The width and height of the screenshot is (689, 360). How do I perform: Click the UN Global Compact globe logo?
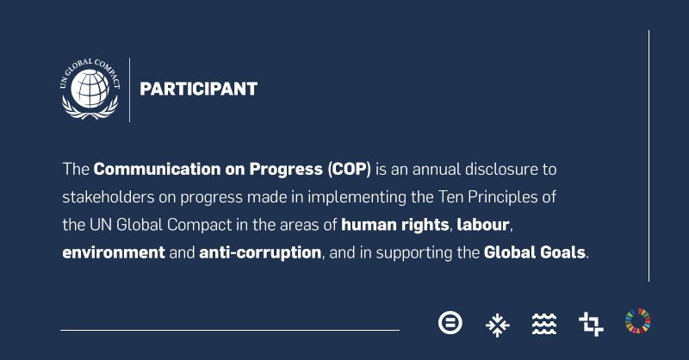pyautogui.click(x=90, y=89)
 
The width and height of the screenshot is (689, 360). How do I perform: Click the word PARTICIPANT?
pyautogui.click(x=199, y=90)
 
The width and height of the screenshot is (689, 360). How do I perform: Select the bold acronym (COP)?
pyautogui.click(x=350, y=169)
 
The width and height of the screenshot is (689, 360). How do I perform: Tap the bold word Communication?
pyautogui.click(x=157, y=169)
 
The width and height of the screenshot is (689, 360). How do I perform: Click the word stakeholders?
pyautogui.click(x=109, y=197)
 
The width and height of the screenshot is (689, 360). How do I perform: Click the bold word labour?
pyautogui.click(x=483, y=225)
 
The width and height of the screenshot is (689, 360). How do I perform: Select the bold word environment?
pyautogui.click(x=114, y=252)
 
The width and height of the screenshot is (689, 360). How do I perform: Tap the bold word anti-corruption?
pyautogui.click(x=260, y=252)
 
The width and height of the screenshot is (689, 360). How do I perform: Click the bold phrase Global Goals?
pyautogui.click(x=534, y=252)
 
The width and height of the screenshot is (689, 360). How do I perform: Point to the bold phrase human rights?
pyautogui.click(x=395, y=225)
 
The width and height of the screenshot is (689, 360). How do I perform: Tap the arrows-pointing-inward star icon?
pyautogui.click(x=498, y=325)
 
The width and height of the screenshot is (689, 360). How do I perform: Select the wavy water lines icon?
pyautogui.click(x=544, y=325)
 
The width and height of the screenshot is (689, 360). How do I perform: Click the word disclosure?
pyautogui.click(x=501, y=169)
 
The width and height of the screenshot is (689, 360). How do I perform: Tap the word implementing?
pyautogui.click(x=357, y=197)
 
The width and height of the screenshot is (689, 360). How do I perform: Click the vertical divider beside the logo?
pyautogui.click(x=130, y=90)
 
